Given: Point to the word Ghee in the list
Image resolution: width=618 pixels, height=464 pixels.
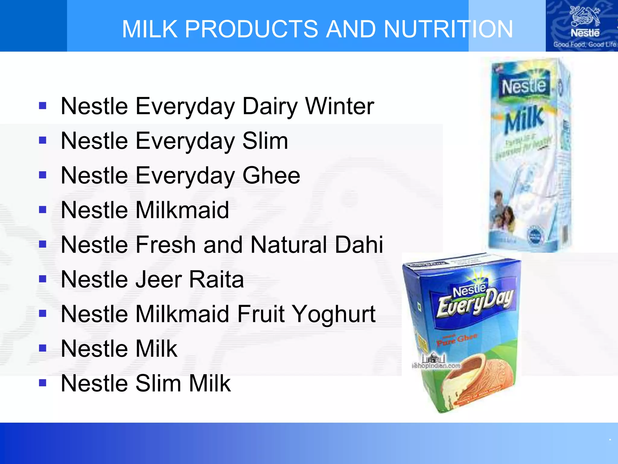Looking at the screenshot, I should click(x=271, y=176).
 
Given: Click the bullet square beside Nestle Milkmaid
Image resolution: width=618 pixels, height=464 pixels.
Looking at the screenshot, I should click(x=43, y=210).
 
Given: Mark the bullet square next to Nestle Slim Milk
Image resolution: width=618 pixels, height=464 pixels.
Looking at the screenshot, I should click(x=43, y=383).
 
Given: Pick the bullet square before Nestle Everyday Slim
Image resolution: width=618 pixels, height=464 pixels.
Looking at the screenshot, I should click(x=43, y=140).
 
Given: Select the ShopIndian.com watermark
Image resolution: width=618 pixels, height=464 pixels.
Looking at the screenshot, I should click(x=436, y=366).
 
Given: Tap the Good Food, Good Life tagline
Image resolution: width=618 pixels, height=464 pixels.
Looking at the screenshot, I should click(x=585, y=44).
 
